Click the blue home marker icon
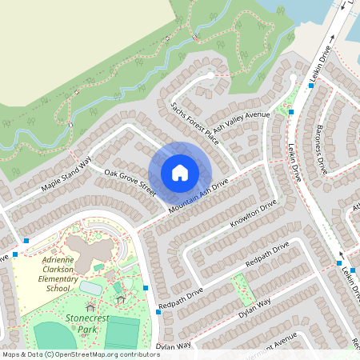pyautogui.click(x=180, y=172)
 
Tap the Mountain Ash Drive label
pyautogui.click(x=198, y=195)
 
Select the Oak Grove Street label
pyautogui.click(x=130, y=181)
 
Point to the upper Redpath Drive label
pyautogui.click(x=266, y=262)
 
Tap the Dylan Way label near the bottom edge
pyautogui.click(x=174, y=346)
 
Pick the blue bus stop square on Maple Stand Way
pyautogui.click(x=26, y=240)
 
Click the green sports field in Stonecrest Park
pyautogui.click(x=122, y=334)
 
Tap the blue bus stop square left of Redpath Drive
pyautogui.click(x=146, y=287)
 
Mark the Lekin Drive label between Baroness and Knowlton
pyautogui.click(x=293, y=152)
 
